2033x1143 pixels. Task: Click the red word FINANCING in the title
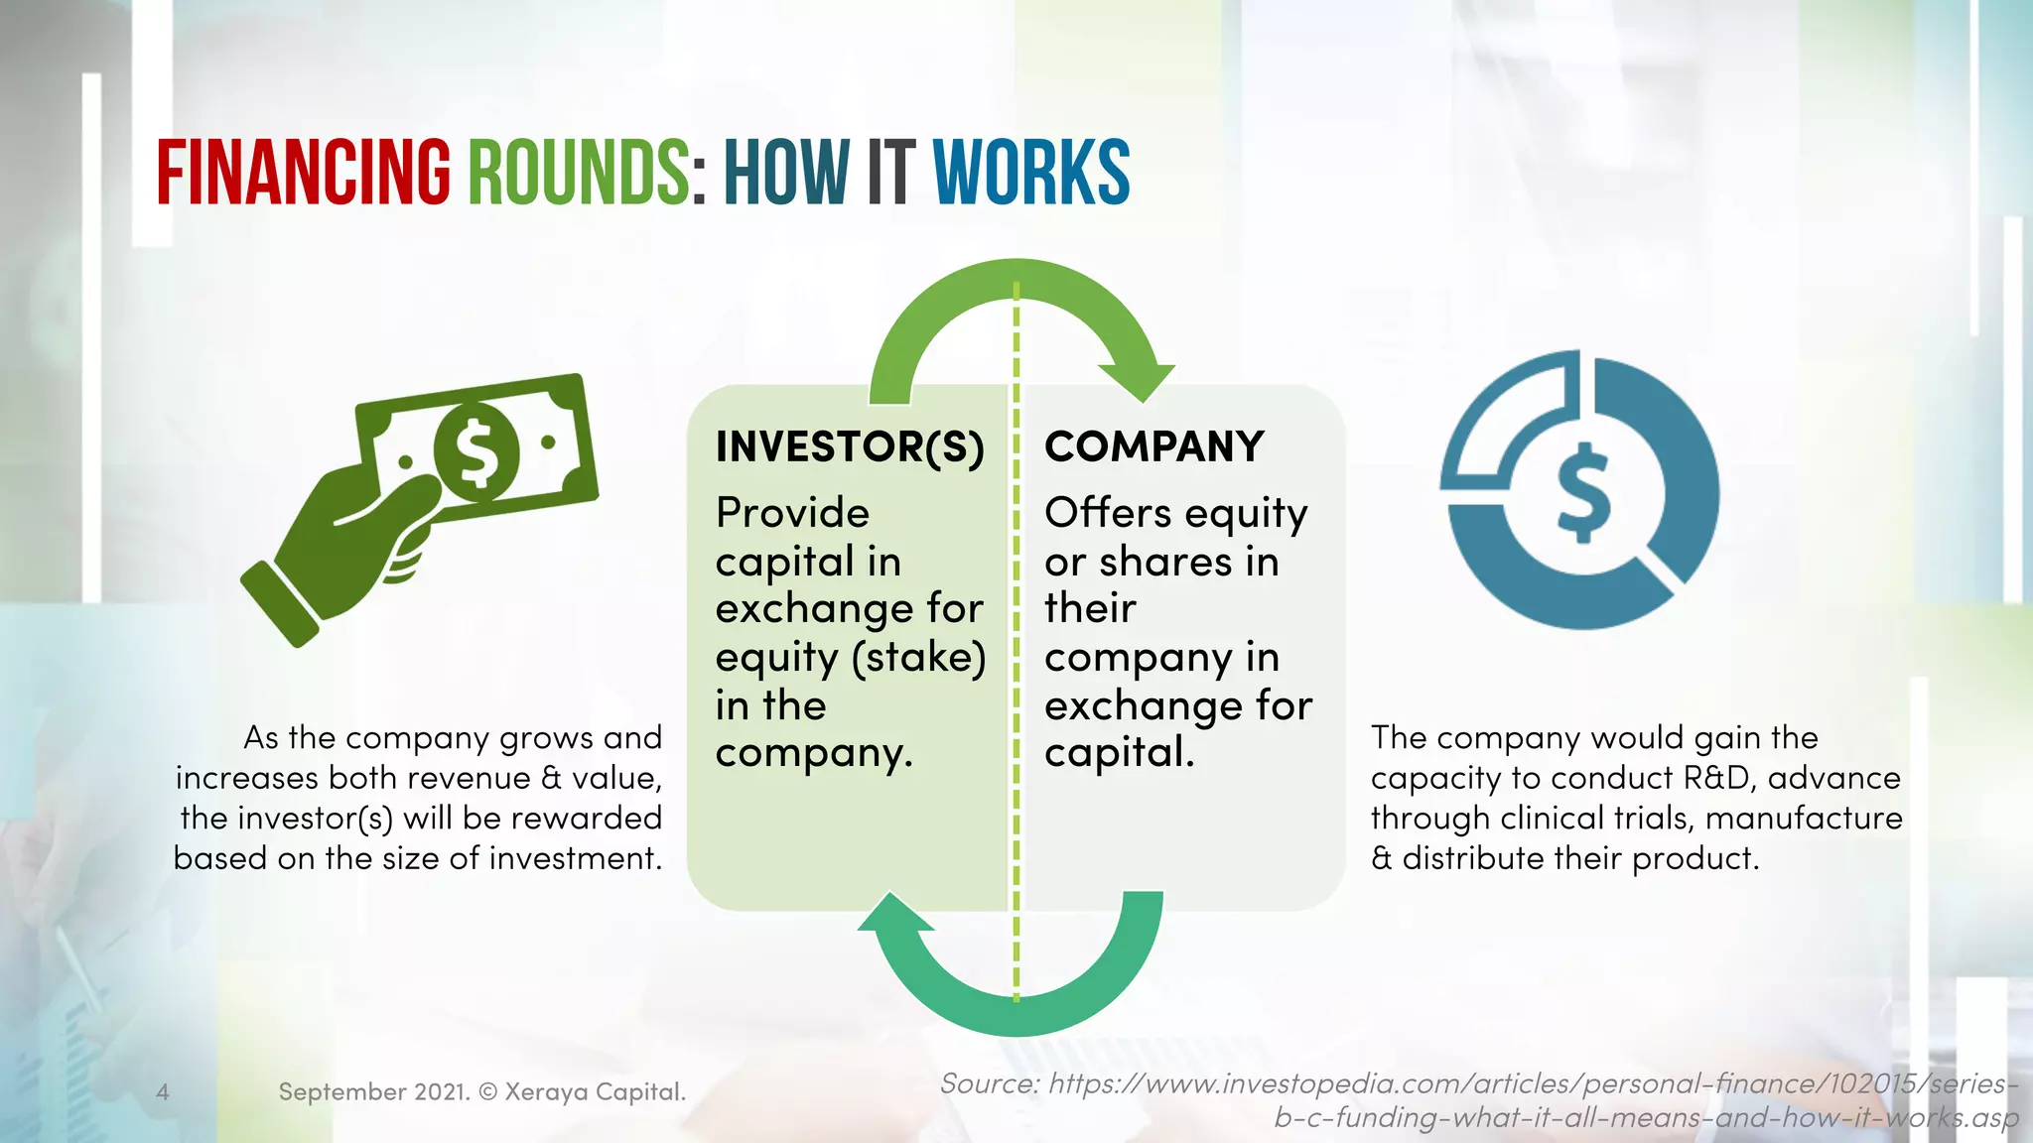303,173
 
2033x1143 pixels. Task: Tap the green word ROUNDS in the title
578,173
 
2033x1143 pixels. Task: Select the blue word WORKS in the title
1030,173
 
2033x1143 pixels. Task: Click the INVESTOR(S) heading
850,446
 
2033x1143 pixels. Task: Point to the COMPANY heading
1154,446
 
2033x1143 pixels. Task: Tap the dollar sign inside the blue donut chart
1583,492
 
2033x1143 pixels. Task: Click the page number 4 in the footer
163,1092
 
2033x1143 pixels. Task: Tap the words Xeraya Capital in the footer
595,1092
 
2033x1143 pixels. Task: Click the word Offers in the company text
1108,513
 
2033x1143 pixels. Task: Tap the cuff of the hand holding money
279,604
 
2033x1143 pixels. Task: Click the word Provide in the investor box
792,513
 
